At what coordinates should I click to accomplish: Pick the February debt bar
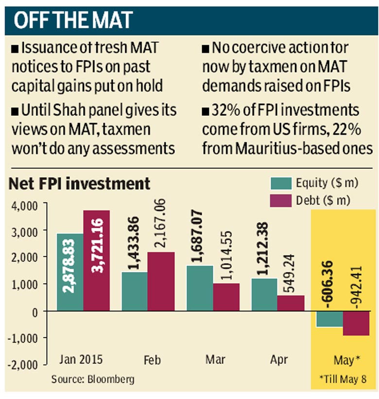point(160,281)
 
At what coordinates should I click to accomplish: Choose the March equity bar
point(200,288)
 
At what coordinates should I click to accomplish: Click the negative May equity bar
point(329,319)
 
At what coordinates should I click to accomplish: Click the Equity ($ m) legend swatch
point(280,183)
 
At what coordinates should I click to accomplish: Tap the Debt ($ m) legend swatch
point(280,200)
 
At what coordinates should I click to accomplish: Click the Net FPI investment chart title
point(80,184)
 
